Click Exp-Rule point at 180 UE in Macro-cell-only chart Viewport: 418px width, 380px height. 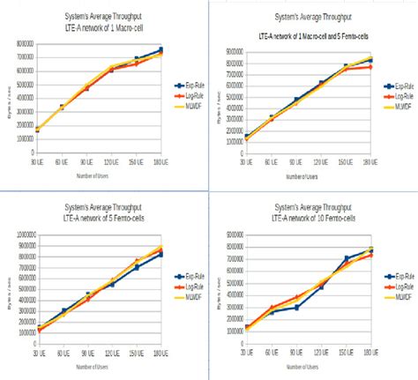point(160,50)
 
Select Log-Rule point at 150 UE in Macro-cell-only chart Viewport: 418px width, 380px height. point(136,63)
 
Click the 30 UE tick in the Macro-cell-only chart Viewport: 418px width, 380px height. point(36,163)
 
